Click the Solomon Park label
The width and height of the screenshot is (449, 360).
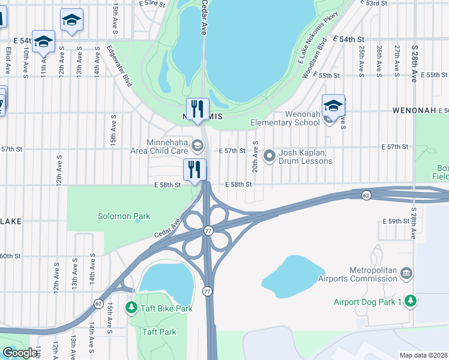coord(124,216)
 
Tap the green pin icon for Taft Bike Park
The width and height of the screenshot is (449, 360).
coord(131,308)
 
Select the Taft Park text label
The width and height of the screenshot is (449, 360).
coord(159,332)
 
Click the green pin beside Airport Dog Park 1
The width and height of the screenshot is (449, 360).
coord(410,301)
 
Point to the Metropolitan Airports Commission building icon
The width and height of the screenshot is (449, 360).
coord(406,274)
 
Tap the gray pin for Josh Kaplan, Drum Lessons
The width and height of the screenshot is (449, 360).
coord(270,156)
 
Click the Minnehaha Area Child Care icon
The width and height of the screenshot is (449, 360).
coord(197,146)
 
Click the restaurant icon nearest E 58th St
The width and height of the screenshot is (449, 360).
coord(194,169)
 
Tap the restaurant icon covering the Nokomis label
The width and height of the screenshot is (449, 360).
coord(197,109)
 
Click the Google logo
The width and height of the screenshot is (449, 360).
coord(19,353)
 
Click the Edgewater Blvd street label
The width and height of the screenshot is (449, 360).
coord(119,66)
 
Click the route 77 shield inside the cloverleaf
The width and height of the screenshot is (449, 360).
coord(208,230)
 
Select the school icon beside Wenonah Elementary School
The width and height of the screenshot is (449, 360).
coord(333,106)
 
